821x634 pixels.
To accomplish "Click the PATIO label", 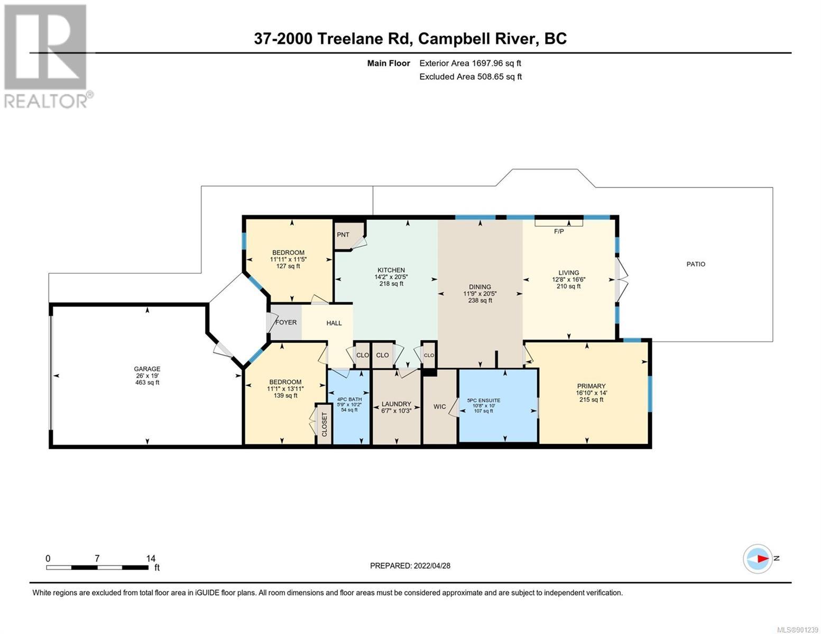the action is (x=696, y=264).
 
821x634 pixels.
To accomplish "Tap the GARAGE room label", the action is (x=147, y=369).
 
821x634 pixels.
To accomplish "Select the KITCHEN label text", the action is (x=391, y=270).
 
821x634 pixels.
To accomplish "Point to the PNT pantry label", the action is (x=343, y=235).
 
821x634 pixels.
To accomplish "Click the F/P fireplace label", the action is (x=559, y=231).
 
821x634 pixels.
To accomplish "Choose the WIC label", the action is (x=439, y=407).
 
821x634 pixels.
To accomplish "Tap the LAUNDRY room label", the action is (x=396, y=404).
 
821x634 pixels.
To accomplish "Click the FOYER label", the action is (x=286, y=322).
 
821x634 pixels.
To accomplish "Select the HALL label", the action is (x=334, y=323).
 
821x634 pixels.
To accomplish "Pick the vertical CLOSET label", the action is (x=324, y=424).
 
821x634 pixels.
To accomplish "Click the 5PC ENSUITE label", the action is (x=484, y=400).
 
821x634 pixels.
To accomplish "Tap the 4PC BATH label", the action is (x=349, y=399).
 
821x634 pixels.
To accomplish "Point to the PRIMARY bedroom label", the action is (x=591, y=386).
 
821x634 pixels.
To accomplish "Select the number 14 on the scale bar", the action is (x=151, y=558).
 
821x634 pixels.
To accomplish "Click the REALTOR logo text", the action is (x=45, y=101).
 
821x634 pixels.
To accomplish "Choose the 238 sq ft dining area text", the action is (x=480, y=301).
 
